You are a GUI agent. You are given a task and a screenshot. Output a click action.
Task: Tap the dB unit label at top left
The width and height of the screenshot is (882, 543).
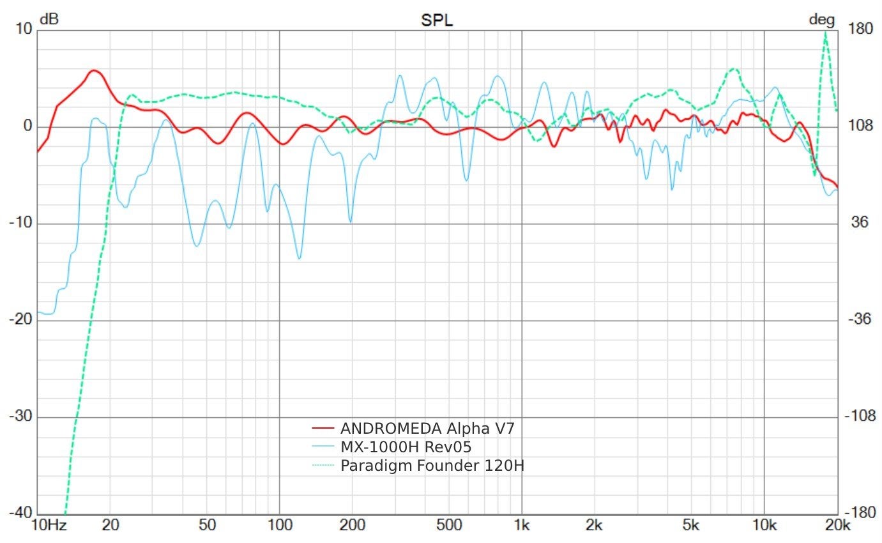49,19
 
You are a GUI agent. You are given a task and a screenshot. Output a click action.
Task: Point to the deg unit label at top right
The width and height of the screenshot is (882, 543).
822,19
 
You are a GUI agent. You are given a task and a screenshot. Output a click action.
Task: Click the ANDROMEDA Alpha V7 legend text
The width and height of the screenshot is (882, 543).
427,427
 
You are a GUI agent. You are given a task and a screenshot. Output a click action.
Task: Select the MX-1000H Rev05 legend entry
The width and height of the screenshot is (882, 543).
406,446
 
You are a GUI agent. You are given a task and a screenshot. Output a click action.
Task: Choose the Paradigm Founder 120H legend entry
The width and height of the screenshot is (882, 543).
432,465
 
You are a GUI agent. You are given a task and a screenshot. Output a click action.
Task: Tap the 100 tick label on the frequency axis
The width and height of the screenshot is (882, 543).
279,525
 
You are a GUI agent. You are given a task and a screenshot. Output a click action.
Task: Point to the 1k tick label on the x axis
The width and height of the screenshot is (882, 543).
522,525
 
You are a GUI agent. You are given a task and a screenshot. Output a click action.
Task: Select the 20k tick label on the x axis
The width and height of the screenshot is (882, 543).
837,525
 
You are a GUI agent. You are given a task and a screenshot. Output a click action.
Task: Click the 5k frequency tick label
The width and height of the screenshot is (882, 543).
691,525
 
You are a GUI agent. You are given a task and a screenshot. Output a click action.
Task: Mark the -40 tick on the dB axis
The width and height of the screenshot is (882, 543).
22,514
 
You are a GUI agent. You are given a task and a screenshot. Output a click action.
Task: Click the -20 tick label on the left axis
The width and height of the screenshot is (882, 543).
22,319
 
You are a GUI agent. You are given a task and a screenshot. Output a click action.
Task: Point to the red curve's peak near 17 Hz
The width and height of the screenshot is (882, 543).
94,71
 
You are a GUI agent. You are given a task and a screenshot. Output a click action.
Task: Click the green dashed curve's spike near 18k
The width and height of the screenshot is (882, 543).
826,33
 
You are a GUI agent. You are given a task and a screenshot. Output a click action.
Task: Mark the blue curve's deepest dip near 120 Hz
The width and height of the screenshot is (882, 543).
299,258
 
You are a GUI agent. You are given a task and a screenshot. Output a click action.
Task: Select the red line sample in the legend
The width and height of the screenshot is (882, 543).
323,427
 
